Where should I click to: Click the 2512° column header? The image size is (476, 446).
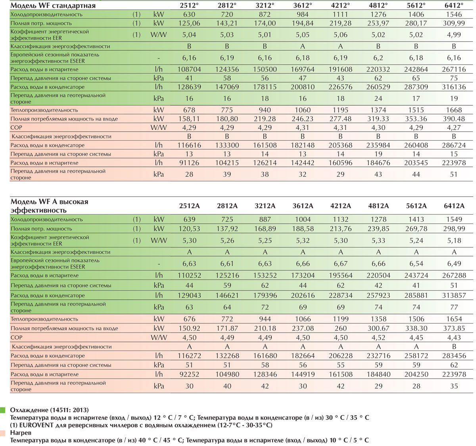pos(189,5)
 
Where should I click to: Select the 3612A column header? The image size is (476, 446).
pos(303,206)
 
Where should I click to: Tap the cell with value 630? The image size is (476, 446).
pos(189,14)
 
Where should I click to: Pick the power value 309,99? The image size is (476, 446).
pos(454,23)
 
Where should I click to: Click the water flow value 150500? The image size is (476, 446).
pos(265,69)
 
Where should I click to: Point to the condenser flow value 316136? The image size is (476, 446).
pos(454,87)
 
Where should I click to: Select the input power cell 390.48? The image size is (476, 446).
pos(454,119)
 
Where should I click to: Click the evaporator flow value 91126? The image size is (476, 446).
pos(189,163)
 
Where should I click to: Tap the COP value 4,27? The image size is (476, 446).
pos(454,128)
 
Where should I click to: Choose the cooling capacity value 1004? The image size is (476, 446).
pos(303,219)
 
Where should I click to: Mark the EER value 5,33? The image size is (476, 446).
pos(378,240)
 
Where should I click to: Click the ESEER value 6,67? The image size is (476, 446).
pos(340,264)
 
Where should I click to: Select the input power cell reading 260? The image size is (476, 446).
pos(340,328)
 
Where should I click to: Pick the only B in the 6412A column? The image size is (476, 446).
pos(454,346)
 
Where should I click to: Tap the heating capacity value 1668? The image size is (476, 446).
pos(454,110)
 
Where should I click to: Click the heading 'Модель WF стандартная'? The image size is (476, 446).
pos(53,6)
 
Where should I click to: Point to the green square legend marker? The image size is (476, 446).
pos(3,410)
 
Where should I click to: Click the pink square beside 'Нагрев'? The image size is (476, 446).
pos(3,433)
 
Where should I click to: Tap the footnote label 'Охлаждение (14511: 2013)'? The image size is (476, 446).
pos(49,410)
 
